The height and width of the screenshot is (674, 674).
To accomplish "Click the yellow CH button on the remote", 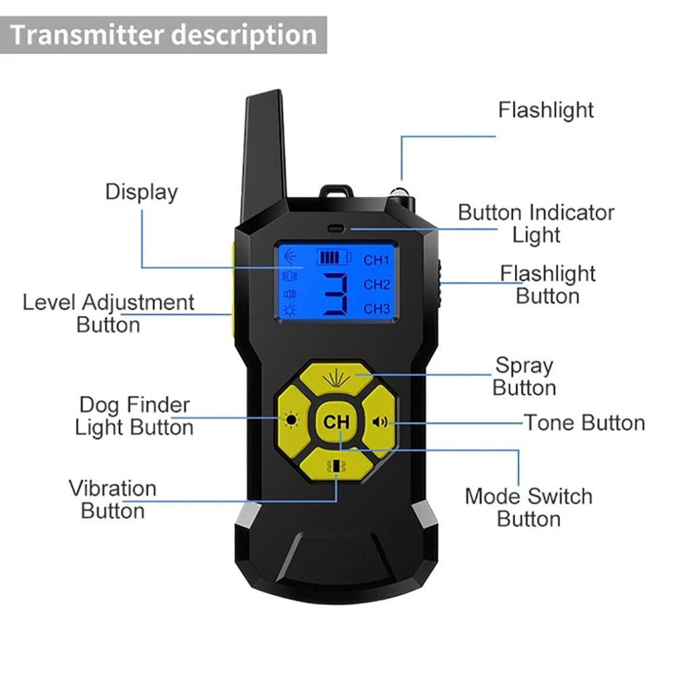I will tap(336, 423).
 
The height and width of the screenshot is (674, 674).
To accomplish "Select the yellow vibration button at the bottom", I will tap(336, 466).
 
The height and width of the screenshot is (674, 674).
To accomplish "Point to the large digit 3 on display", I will tap(336, 295).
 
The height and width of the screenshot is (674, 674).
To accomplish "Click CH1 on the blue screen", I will tap(377, 260).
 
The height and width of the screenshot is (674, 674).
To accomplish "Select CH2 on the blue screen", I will tap(377, 284).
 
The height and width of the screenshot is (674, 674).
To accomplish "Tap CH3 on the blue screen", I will tap(377, 309).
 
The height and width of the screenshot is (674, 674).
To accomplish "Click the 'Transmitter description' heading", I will tap(164, 34).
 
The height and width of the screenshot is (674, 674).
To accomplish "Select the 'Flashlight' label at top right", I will tap(546, 110).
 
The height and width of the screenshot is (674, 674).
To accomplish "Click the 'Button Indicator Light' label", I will tap(536, 223).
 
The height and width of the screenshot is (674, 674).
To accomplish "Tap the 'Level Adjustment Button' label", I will tap(109, 313).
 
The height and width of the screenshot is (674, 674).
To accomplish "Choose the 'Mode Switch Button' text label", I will tap(528, 508).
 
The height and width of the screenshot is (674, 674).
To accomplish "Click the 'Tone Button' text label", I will tap(584, 423).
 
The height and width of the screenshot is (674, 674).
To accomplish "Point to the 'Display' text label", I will tap(142, 192).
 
